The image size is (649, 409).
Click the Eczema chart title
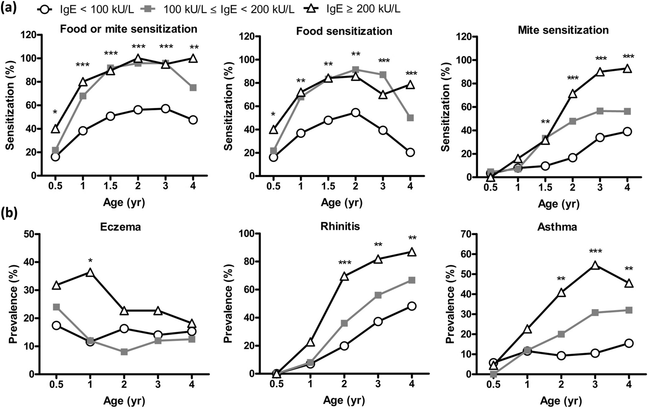click(x=120, y=227)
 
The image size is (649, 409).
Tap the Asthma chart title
click(x=557, y=227)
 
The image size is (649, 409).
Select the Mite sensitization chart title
click(x=563, y=30)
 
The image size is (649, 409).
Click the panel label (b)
click(x=10, y=213)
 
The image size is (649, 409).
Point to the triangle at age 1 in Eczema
click(x=90, y=273)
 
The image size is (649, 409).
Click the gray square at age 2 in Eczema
click(x=124, y=352)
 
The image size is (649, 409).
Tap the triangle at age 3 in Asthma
click(x=595, y=265)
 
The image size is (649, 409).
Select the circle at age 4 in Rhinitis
click(x=412, y=306)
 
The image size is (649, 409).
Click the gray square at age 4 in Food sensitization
click(x=410, y=118)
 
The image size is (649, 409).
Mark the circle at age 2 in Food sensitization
click(x=355, y=113)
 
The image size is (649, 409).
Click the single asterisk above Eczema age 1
click(x=90, y=260)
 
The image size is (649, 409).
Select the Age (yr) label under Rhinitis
click(x=344, y=401)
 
